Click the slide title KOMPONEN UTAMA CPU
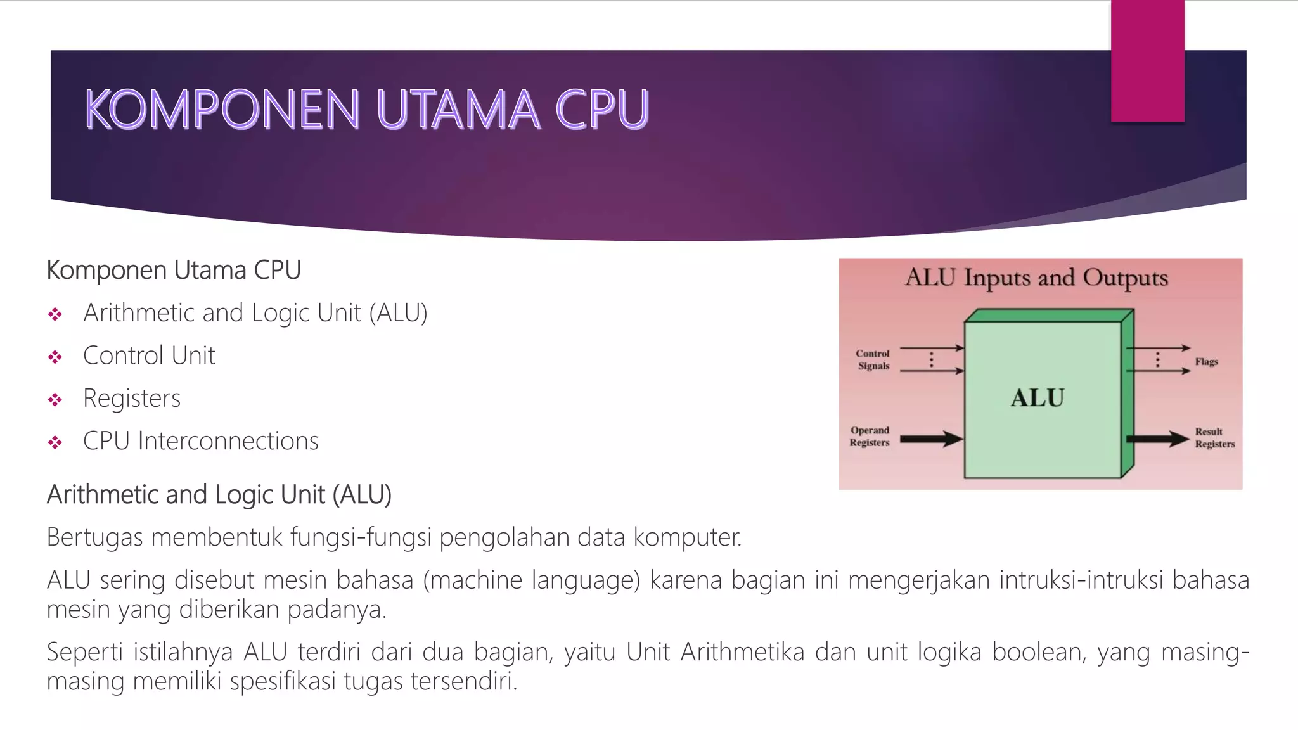click(367, 109)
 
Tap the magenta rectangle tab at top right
click(1147, 61)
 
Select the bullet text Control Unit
click(149, 355)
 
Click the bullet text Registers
click(132, 399)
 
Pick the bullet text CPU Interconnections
click(200, 441)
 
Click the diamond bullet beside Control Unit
click(55, 357)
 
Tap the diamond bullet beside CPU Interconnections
click(55, 442)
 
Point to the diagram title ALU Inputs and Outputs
click(1036, 278)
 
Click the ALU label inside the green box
click(1037, 398)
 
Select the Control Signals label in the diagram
click(873, 359)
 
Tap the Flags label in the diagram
click(1206, 361)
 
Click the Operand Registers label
click(870, 436)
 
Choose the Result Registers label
click(1214, 437)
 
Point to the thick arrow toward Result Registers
click(1157, 439)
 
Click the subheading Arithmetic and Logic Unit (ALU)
click(219, 495)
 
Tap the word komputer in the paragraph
click(687, 537)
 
